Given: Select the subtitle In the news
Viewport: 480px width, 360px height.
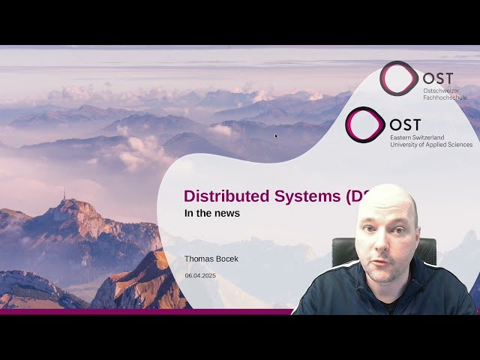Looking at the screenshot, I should coord(212,214).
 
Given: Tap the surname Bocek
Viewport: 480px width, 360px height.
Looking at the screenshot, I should coord(226,259).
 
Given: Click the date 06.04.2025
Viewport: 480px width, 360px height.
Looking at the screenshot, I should coord(200,276).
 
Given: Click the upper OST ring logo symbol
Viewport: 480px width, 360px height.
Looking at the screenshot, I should coord(398,78).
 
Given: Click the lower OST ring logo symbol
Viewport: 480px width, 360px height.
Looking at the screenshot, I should coord(365,124).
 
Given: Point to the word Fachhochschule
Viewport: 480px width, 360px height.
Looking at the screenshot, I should coord(445,97).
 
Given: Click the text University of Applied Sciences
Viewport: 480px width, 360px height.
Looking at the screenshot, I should coord(430,145).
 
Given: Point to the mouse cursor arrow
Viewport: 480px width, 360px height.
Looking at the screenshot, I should coord(277,136).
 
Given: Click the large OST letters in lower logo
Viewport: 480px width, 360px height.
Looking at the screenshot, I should coord(406,124).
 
